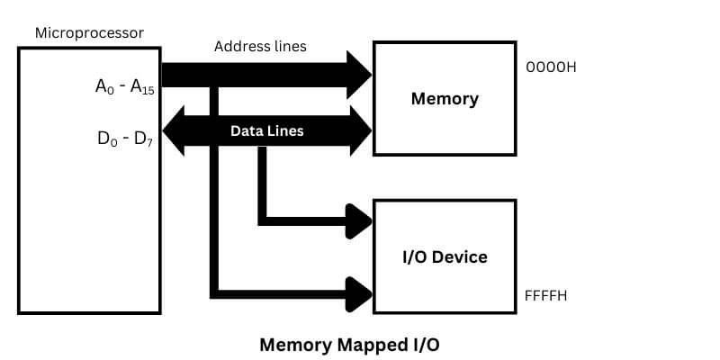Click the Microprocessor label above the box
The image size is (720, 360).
click(89, 33)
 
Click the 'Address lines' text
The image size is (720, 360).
click(260, 46)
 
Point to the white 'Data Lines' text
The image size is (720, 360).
click(266, 130)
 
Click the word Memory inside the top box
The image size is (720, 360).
click(445, 98)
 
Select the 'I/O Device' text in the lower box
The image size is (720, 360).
click(445, 256)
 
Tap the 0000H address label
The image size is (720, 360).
click(550, 67)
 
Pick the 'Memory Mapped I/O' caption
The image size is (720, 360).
click(350, 344)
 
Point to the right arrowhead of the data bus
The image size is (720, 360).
click(359, 130)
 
